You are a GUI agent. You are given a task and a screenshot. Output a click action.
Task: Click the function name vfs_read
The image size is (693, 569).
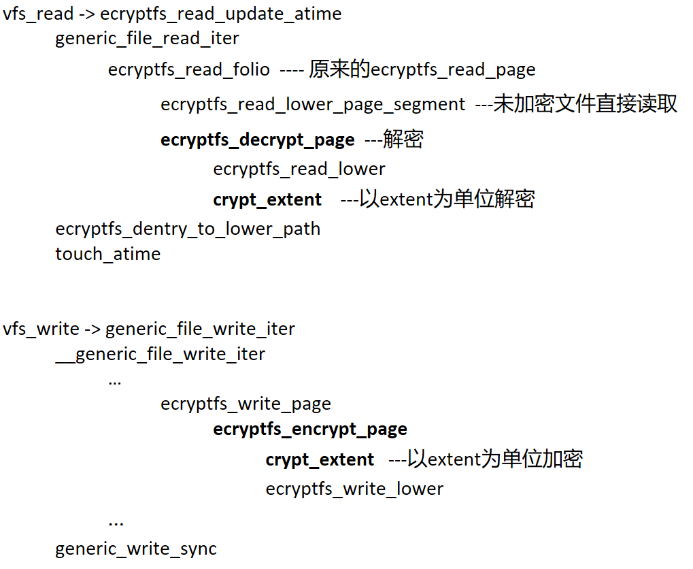tap(38, 14)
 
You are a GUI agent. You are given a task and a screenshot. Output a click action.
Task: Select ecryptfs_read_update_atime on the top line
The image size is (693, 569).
tap(220, 14)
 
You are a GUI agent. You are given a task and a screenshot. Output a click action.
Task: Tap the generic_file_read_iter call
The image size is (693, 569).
tap(147, 39)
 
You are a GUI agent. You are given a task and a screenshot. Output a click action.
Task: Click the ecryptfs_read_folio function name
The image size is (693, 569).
tap(189, 69)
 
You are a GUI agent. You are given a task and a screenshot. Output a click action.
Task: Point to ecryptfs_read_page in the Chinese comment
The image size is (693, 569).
tap(453, 69)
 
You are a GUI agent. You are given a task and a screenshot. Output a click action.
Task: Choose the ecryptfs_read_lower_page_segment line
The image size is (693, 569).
tap(313, 105)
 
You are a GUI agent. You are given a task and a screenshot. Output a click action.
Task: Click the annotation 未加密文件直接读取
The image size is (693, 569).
tap(585, 104)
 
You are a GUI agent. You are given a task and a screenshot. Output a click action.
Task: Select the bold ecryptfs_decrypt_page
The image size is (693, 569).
tap(258, 140)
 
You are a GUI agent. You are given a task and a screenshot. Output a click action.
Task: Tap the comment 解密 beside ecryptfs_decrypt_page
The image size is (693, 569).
tap(403, 140)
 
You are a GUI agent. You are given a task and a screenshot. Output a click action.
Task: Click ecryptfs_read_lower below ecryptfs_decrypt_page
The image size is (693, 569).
tap(299, 169)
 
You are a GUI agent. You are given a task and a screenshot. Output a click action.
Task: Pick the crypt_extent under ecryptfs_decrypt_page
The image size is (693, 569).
tap(267, 199)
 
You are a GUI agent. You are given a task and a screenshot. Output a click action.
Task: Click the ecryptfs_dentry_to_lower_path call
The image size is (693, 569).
tap(188, 229)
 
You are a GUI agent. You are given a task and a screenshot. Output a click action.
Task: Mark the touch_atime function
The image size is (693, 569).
tap(108, 254)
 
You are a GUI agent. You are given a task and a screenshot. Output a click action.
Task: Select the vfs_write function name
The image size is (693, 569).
tap(41, 329)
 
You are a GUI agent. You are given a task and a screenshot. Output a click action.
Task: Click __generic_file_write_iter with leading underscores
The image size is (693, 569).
tap(160, 355)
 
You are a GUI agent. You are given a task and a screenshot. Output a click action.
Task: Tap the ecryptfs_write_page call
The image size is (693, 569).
tap(246, 404)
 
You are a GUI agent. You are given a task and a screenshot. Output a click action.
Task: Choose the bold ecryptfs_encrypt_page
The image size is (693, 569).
tap(310, 429)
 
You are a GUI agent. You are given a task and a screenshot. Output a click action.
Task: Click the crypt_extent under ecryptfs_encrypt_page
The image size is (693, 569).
tap(320, 460)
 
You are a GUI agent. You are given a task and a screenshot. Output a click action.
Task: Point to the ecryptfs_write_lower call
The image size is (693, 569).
tap(354, 489)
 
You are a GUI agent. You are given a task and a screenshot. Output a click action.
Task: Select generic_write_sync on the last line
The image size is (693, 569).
tap(136, 549)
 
